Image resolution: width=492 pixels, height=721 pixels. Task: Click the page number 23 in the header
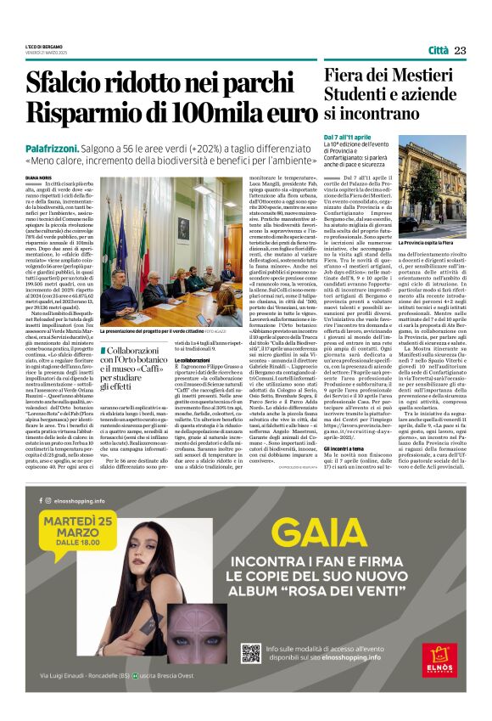[x=461, y=51]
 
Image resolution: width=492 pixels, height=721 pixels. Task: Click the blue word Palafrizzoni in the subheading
[x=75, y=147]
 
